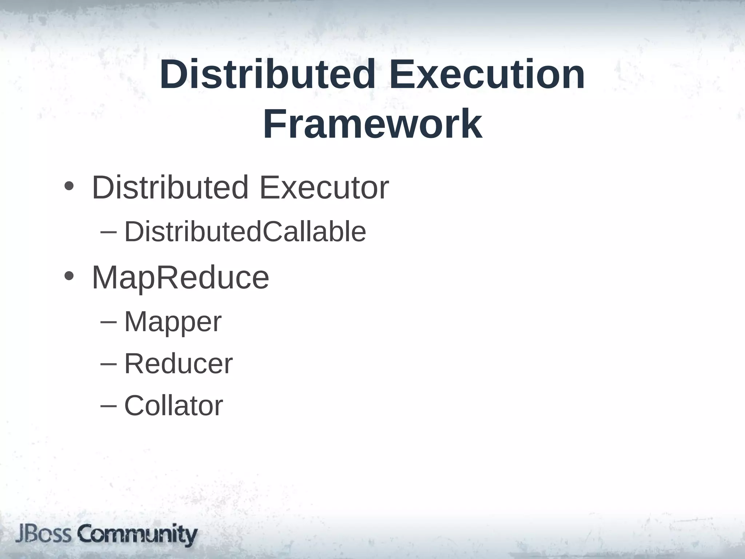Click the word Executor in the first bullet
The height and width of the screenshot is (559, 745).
324,188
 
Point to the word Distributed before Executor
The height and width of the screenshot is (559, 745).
170,188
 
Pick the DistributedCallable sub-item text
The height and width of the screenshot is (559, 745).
245,231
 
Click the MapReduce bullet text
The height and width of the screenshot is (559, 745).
180,278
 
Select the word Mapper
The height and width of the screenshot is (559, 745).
173,322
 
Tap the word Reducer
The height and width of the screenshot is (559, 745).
178,364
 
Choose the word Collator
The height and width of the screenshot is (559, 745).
174,405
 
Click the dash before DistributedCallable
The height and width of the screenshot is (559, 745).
108,232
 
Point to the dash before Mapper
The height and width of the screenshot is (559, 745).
108,322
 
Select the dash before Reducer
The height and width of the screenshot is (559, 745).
108,364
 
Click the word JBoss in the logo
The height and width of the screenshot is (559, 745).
43,535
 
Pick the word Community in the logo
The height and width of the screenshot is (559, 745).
138,535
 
